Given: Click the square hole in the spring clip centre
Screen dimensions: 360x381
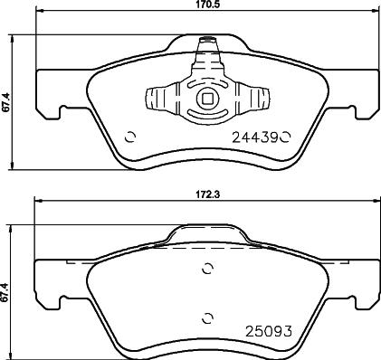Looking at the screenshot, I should coord(208,100).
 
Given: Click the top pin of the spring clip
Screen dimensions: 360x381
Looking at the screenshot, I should coord(207,42).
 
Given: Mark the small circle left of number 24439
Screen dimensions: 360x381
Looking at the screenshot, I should coord(129,137).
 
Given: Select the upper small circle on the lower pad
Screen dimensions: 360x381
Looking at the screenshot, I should coord(208,269).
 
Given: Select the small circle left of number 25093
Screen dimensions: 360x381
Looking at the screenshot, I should coord(208,317).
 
